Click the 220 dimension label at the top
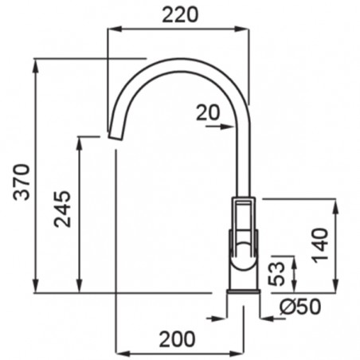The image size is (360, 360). point(180,15)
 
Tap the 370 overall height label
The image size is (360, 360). point(22,182)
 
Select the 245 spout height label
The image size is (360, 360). point(62,209)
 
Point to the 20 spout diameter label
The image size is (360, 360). point(208,113)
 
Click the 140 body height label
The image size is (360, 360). point(320,245)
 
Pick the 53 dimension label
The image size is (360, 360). point(276,274)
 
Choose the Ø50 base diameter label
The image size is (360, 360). point(300,307)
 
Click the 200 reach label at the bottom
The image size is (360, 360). point(177,339)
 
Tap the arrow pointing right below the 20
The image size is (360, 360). point(220,127)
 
